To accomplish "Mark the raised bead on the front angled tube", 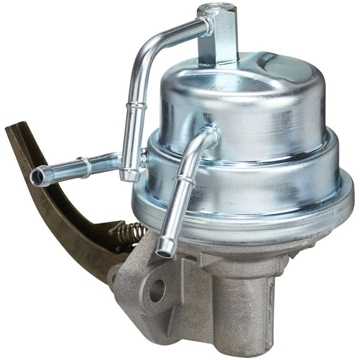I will pyautogui.click(x=182, y=182).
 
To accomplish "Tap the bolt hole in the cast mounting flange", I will pyautogui.click(x=156, y=289).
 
